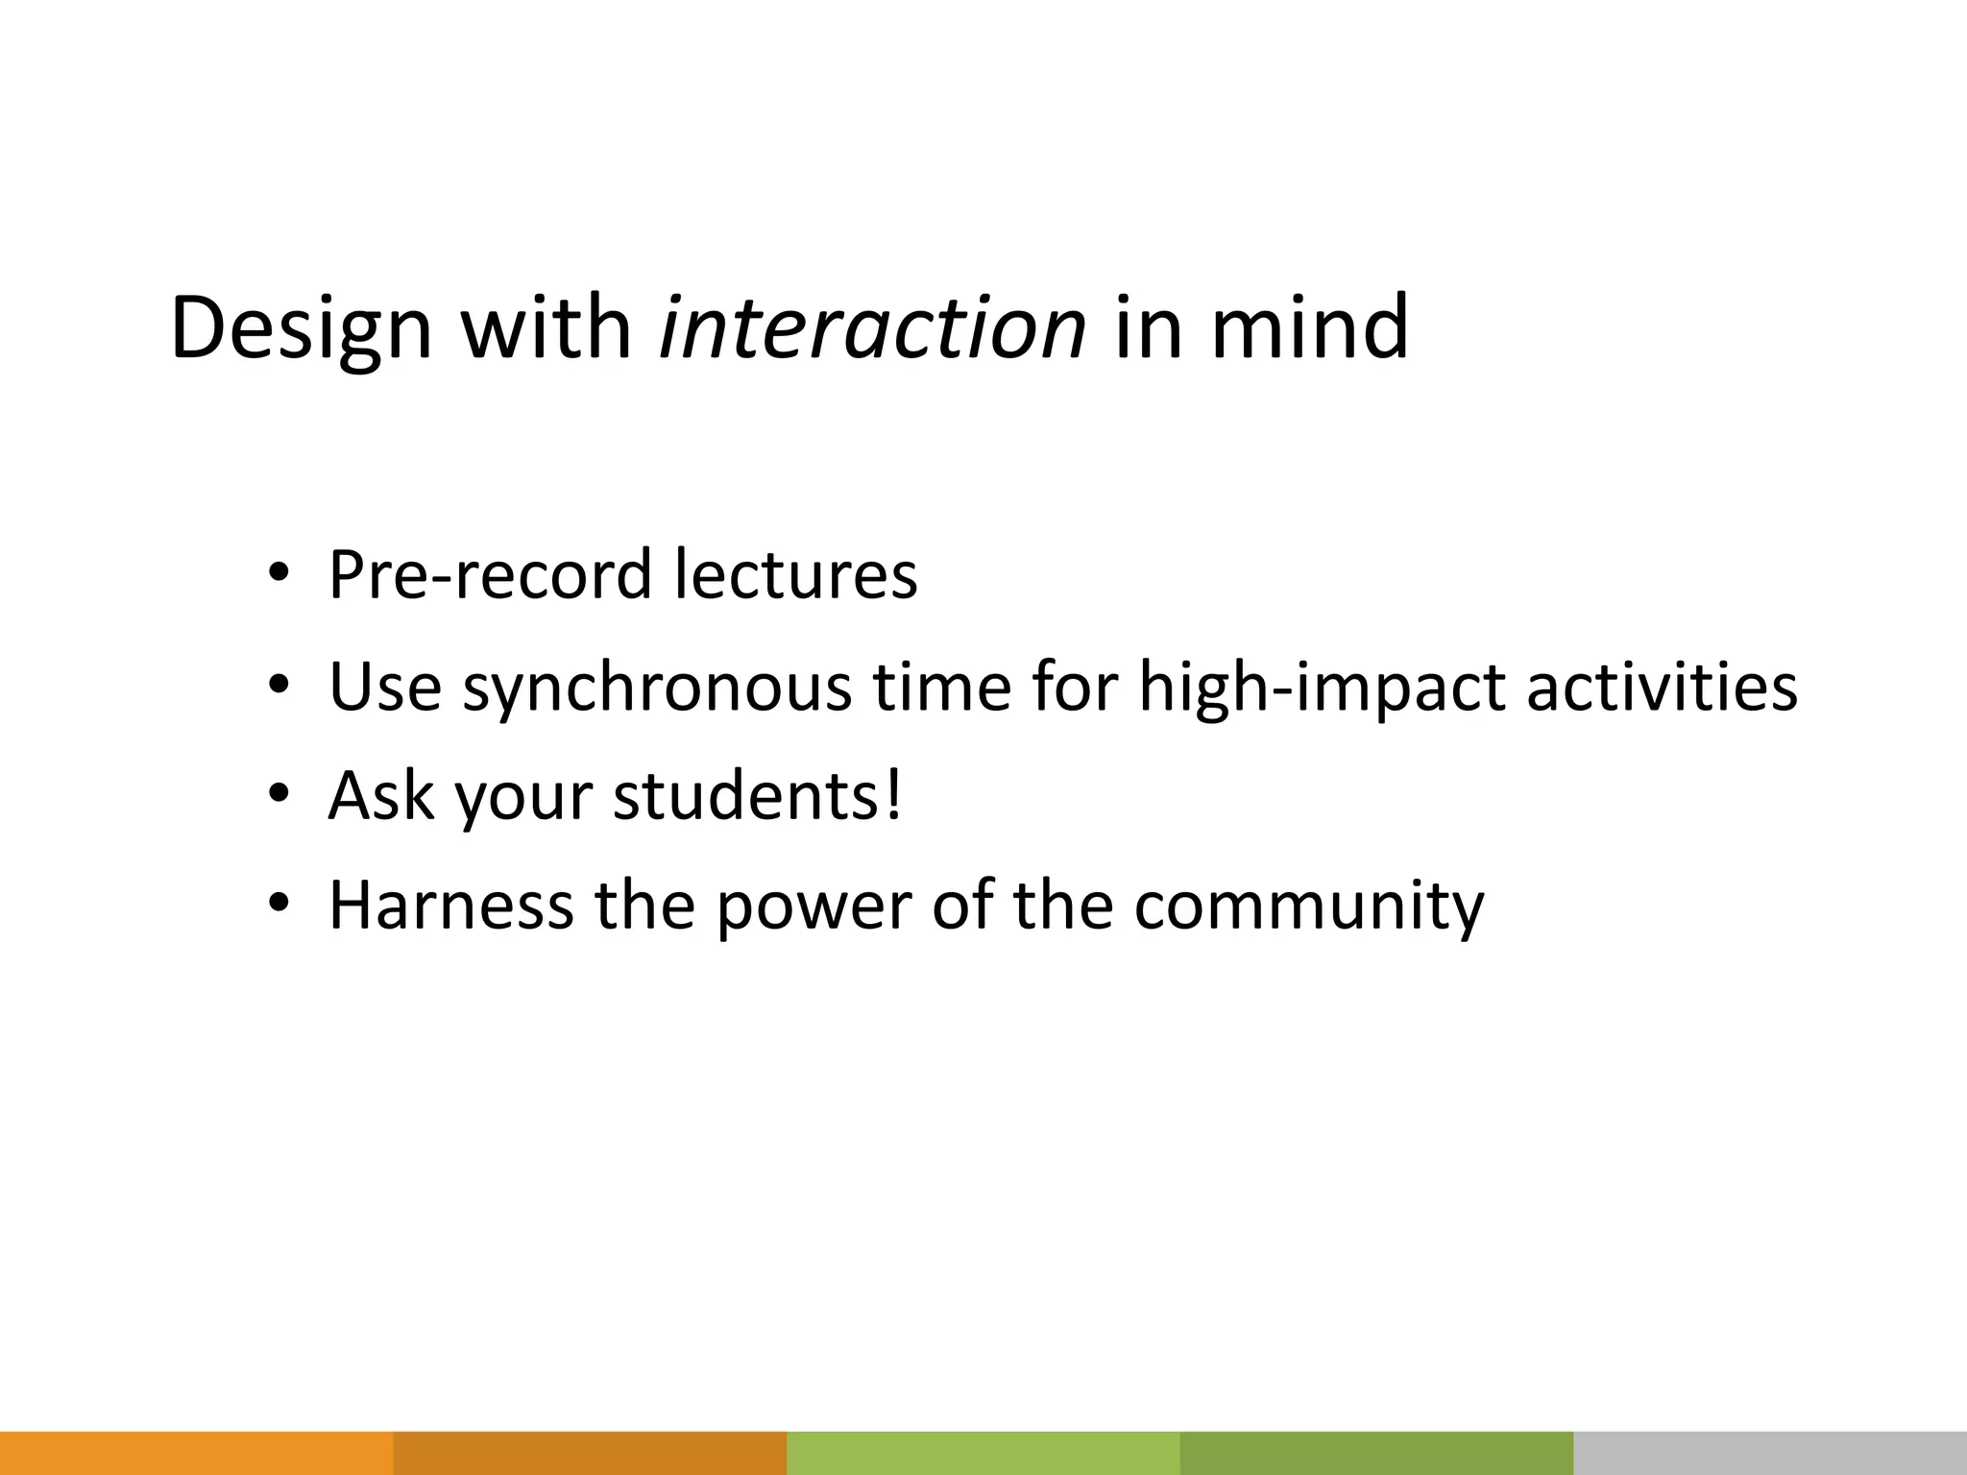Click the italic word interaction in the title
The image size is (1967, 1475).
point(872,328)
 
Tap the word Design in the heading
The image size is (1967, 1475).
point(302,330)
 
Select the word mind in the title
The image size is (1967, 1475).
point(1309,328)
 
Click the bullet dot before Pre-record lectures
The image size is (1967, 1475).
point(279,574)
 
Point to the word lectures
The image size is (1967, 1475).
point(795,574)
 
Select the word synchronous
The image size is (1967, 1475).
point(657,688)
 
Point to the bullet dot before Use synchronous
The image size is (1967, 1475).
point(279,686)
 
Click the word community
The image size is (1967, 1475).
point(1308,907)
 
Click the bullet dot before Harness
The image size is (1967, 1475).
point(279,904)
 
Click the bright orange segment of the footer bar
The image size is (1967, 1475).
point(196,1453)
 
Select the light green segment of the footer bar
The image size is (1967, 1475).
point(983,1453)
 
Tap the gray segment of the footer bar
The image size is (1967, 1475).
point(1770,1453)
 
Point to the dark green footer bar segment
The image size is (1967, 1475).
point(1376,1453)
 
